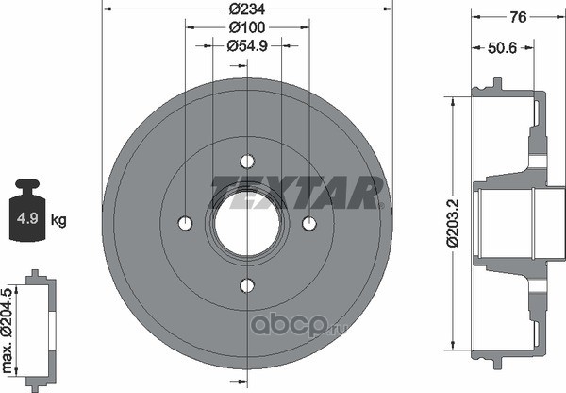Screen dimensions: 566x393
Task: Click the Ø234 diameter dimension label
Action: (x=247, y=9)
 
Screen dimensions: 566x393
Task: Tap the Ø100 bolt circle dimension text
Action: (x=247, y=27)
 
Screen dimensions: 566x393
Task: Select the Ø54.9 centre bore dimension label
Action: (x=247, y=46)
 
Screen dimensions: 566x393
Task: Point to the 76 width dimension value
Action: (x=518, y=17)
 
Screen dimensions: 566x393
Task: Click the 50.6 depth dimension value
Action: (x=503, y=48)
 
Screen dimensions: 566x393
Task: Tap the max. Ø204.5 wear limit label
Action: (x=8, y=332)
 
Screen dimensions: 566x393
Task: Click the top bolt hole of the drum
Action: (x=247, y=162)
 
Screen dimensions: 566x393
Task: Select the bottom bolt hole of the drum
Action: (x=247, y=285)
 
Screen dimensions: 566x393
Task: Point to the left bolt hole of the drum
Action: (x=185, y=224)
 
